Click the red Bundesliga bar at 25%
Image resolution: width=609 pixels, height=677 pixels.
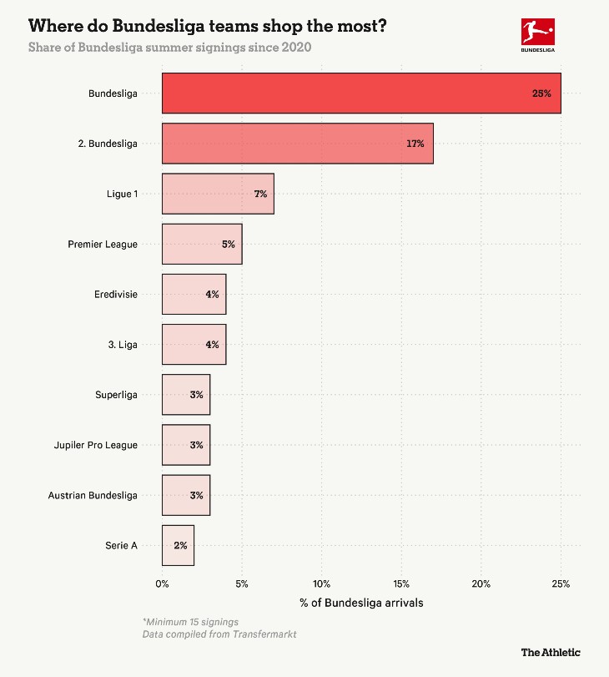click(x=360, y=93)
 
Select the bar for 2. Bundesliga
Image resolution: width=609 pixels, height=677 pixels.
click(x=297, y=144)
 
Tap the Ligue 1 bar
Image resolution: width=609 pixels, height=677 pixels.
click(x=217, y=194)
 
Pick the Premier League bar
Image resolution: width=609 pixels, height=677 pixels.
click(x=201, y=245)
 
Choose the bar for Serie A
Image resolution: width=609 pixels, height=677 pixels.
click(x=178, y=545)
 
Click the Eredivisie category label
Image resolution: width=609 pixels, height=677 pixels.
click(x=116, y=295)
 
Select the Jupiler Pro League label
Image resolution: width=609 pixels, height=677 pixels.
click(x=96, y=445)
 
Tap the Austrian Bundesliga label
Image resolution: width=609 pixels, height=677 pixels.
click(x=93, y=495)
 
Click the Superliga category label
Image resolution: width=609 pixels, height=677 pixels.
click(x=116, y=395)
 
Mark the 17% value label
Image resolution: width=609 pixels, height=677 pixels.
click(x=415, y=144)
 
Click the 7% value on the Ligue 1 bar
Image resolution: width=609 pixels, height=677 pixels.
click(x=260, y=194)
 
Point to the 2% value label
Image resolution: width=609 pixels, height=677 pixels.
click(x=180, y=545)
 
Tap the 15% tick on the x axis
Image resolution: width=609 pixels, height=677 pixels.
click(x=401, y=583)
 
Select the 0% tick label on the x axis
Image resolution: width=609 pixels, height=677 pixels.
click(x=162, y=583)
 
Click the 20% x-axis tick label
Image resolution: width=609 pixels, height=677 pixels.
click(x=481, y=583)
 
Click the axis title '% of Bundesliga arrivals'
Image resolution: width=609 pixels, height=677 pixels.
click(x=361, y=602)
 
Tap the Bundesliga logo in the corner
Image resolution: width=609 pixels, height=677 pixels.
click(x=536, y=34)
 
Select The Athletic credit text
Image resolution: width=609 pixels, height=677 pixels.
click(x=551, y=652)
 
